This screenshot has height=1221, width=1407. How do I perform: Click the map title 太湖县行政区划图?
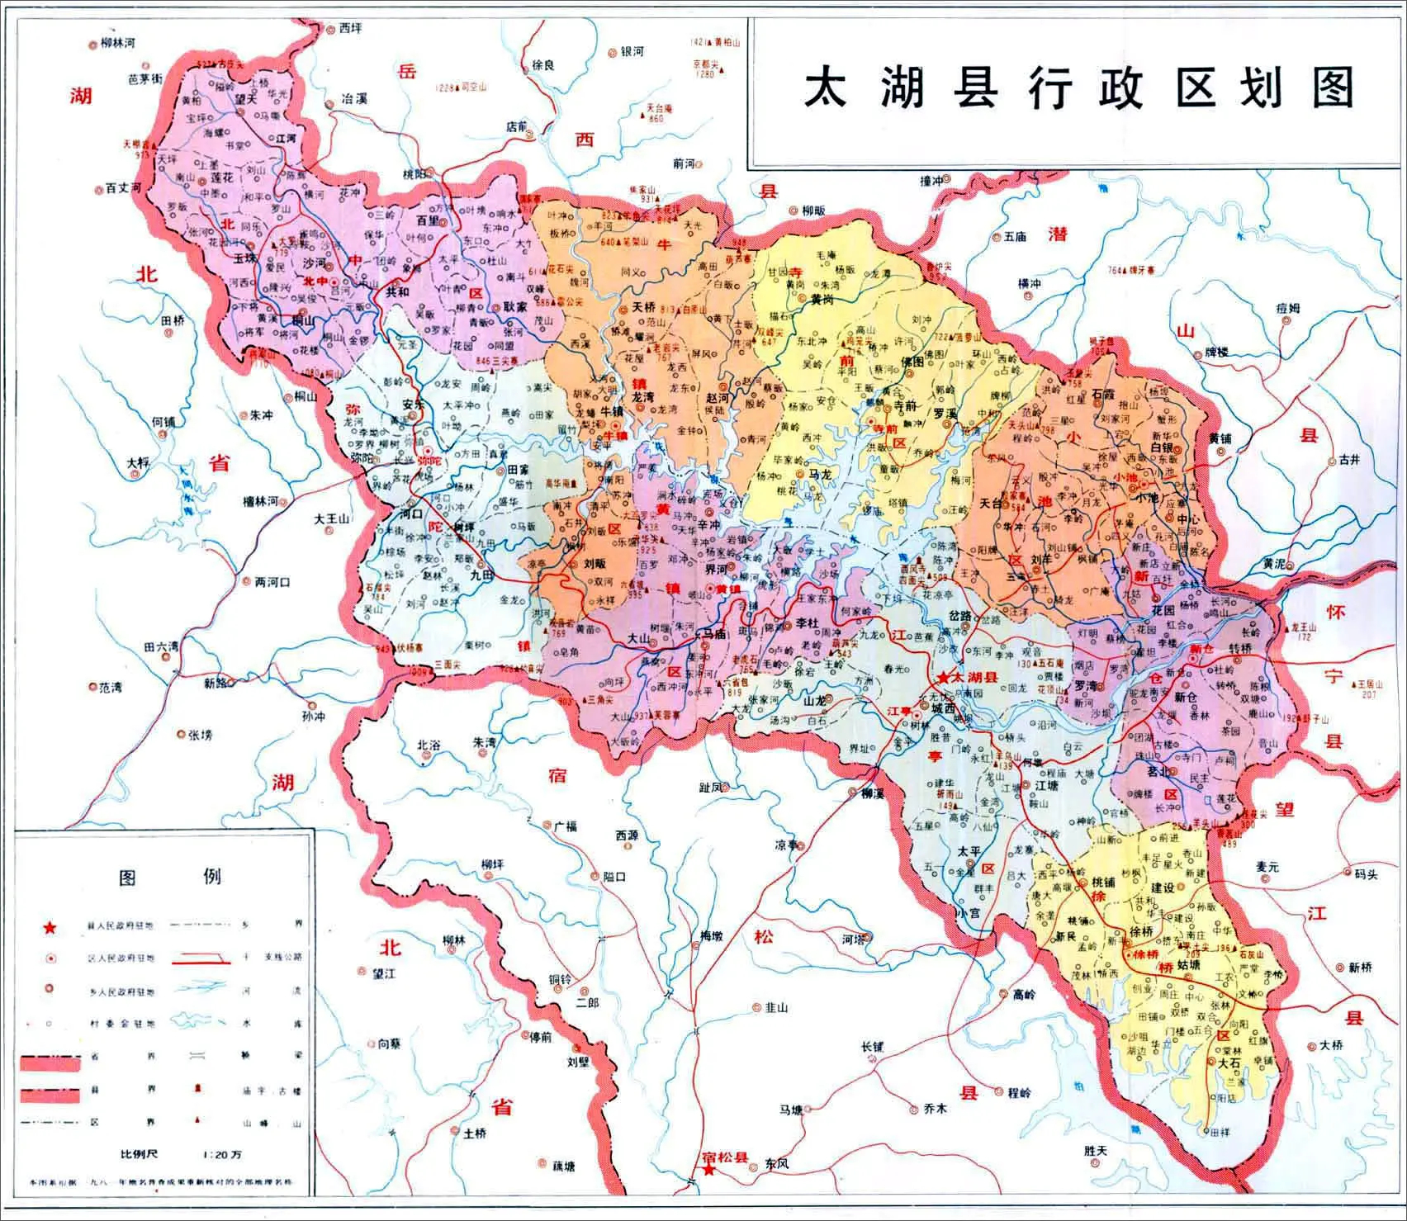click(1078, 88)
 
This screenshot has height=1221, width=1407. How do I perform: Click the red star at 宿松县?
click(708, 1169)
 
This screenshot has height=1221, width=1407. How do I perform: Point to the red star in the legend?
click(51, 929)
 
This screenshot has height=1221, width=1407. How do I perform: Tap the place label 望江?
click(384, 974)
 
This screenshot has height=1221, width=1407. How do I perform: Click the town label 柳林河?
click(117, 43)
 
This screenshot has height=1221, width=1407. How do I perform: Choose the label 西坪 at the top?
click(350, 27)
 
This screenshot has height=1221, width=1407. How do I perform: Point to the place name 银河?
click(632, 51)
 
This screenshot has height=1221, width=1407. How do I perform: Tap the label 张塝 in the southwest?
click(201, 734)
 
